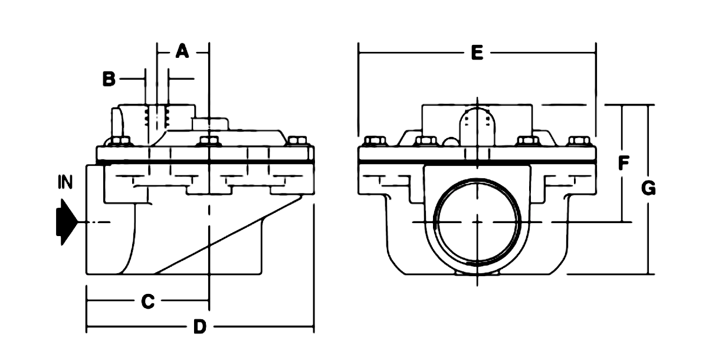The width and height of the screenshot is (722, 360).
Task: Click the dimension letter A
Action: (182, 52)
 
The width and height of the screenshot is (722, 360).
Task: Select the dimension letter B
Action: (109, 78)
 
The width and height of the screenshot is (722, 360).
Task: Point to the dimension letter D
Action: (199, 328)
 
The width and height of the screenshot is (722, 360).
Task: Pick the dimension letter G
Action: (648, 188)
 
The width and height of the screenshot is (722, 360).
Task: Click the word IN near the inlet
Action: (65, 182)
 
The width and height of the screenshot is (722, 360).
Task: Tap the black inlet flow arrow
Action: (65, 222)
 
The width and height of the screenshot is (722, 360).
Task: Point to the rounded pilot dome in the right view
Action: (477, 124)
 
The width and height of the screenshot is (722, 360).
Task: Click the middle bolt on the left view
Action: (206, 142)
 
